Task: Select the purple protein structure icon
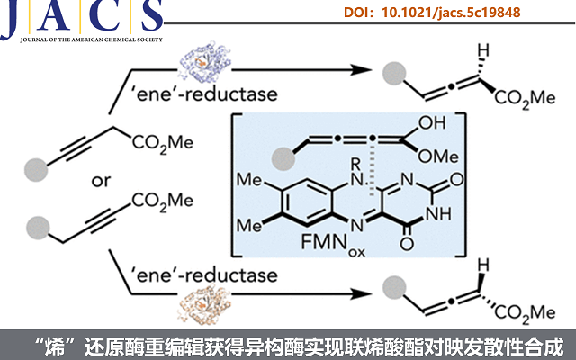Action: [x=207, y=64]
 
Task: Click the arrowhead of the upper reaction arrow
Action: [x=367, y=70]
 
